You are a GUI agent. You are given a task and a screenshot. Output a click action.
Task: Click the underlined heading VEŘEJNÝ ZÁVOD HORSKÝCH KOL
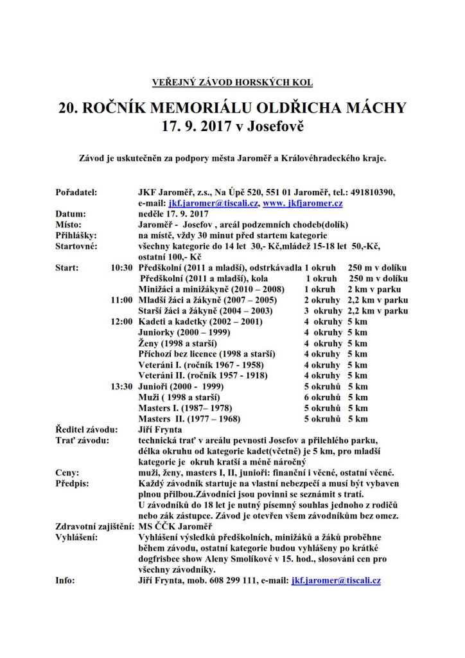pos(232,82)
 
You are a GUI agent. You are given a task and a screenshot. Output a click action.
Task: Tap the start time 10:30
pos(121,267)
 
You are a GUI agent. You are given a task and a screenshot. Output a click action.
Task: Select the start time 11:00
pos(121,299)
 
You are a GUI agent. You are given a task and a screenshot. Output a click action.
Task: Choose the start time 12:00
pos(121,321)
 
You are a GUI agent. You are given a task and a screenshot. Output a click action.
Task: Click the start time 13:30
pos(121,386)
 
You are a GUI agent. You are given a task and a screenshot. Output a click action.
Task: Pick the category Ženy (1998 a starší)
pos(177,343)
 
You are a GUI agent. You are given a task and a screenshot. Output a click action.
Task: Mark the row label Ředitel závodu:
pos(87,429)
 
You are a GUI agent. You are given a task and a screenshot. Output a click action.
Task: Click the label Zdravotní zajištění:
pos(91,526)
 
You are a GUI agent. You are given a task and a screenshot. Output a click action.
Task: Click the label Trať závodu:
pos(82,440)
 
